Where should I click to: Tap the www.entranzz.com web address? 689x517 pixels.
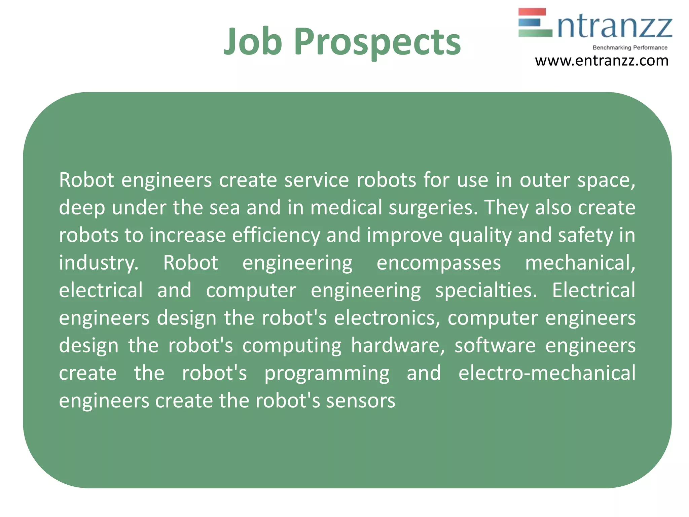(x=602, y=61)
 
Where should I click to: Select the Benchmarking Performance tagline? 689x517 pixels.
(x=630, y=48)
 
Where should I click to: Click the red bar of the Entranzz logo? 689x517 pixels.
(x=532, y=12)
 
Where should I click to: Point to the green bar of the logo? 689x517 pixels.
(x=535, y=33)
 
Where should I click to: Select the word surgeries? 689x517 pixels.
(x=433, y=208)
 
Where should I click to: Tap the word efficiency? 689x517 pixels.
(x=276, y=235)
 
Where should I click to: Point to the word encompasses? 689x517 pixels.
(x=439, y=263)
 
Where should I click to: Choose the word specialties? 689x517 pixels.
(x=486, y=290)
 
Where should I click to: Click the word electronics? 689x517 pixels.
(x=387, y=318)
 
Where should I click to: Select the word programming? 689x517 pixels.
(x=327, y=374)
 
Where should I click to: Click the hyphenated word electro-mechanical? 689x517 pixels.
(x=547, y=373)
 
